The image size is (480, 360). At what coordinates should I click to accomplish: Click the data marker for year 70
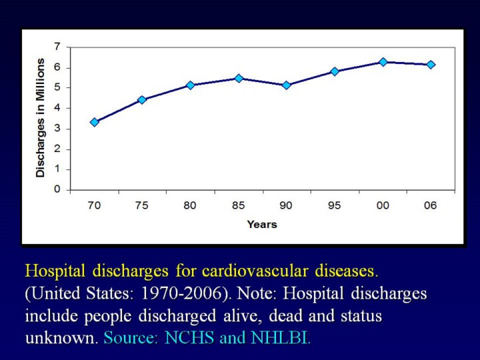[x=94, y=122]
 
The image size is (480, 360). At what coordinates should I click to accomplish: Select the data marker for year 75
[x=142, y=100]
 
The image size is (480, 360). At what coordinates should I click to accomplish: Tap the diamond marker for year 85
[x=238, y=78]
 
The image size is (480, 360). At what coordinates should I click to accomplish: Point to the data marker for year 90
[x=286, y=85]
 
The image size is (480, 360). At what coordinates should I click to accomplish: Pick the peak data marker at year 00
[x=383, y=62]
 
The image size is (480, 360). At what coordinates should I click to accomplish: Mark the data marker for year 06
[x=431, y=65]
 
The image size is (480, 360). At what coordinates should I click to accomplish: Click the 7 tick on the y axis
[x=58, y=47]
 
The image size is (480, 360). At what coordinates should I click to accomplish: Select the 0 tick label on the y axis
[x=58, y=189]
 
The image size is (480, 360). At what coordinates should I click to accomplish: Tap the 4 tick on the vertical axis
[x=58, y=108]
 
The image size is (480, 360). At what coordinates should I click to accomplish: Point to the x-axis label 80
[x=190, y=205]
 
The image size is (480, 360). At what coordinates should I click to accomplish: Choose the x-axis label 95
[x=334, y=205]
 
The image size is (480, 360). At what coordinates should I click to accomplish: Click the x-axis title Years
[x=262, y=225]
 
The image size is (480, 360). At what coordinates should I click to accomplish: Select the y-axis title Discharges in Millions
[x=41, y=117]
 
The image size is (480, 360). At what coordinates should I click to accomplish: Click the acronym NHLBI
[x=280, y=338]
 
